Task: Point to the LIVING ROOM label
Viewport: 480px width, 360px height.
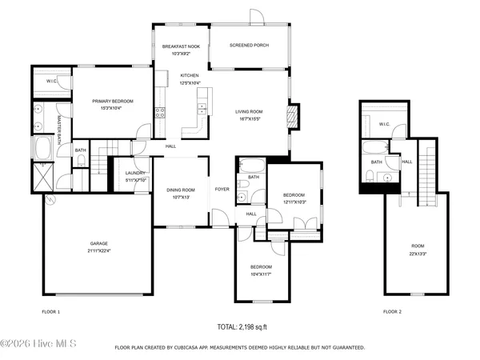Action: point(248,111)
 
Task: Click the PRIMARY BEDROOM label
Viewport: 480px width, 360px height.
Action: point(112,101)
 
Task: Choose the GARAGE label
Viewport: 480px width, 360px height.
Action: point(98,243)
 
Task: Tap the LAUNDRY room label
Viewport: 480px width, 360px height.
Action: point(135,173)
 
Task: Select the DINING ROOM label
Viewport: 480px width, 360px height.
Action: point(180,190)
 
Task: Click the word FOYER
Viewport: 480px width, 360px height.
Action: point(222,190)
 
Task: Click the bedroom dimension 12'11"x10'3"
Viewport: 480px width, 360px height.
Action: point(294,201)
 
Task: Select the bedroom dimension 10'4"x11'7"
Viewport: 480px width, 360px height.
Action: point(261,274)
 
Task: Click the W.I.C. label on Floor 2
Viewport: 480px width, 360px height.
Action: point(383,124)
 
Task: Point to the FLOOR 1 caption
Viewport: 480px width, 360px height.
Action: point(51,310)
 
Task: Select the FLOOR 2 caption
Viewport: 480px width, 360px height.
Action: point(392,310)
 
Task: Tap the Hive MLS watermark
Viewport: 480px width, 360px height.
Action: point(38,343)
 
